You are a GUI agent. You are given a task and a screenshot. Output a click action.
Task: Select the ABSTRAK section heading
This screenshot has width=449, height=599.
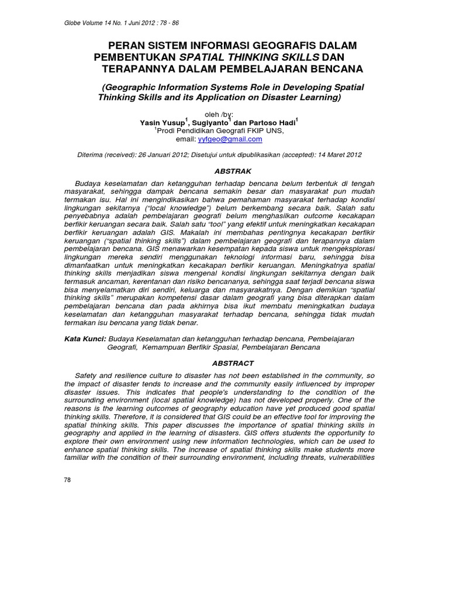click(233, 171)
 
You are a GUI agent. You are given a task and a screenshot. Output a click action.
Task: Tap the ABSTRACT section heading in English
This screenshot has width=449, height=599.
click(233, 363)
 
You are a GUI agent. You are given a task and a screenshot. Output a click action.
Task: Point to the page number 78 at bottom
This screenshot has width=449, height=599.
click(67, 480)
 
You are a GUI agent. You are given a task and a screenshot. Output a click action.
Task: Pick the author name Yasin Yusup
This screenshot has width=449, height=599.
click(163, 123)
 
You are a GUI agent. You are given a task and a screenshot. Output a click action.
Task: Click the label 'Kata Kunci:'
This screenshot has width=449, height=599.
click(85, 338)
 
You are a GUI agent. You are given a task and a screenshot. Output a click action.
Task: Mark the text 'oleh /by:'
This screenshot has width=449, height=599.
click(217, 113)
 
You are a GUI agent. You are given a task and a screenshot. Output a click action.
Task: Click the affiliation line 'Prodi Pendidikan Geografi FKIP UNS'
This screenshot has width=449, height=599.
click(220, 131)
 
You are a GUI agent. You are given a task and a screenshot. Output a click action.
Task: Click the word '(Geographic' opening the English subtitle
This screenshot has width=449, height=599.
click(132, 87)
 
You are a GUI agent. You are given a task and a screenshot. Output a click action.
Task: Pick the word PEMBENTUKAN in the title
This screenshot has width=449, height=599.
click(135, 57)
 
